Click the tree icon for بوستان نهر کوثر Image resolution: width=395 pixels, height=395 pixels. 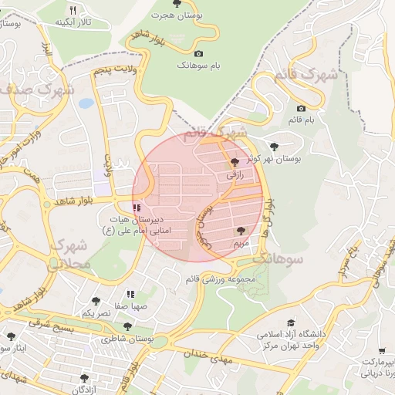click(x=274, y=146)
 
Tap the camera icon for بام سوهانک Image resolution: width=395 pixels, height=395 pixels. click(x=199, y=53)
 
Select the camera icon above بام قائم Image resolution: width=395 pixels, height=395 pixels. click(x=301, y=108)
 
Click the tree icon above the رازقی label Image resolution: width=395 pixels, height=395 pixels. click(x=235, y=162)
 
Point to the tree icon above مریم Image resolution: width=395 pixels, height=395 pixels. click(x=241, y=230)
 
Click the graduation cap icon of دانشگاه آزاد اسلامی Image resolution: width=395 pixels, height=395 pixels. click(x=291, y=323)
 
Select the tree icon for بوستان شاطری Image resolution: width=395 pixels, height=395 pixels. click(x=128, y=326)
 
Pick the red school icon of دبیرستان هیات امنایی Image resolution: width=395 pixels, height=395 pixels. click(x=137, y=208)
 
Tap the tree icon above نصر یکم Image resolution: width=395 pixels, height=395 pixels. click(x=96, y=301)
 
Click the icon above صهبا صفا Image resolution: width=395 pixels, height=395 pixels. click(x=130, y=294)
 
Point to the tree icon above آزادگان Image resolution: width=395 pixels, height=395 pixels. click(x=84, y=378)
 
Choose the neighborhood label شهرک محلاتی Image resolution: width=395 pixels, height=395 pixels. click(x=71, y=255)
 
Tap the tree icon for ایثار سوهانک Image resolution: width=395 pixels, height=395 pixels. click(x=11, y=336)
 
